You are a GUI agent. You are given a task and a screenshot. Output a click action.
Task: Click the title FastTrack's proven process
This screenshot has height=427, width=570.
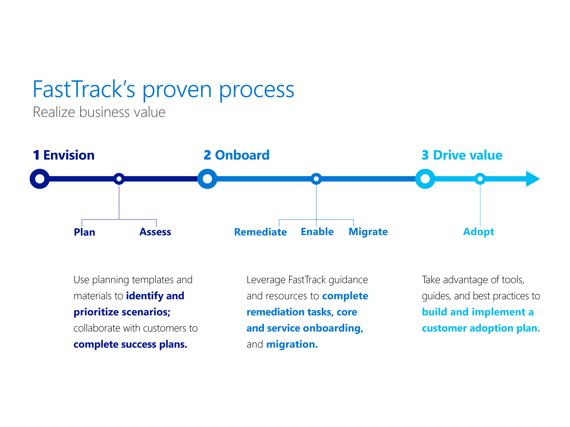(163, 90)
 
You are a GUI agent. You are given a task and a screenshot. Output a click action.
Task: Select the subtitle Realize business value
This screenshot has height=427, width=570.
(99, 112)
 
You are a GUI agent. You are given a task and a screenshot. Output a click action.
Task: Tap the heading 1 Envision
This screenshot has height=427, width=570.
(64, 155)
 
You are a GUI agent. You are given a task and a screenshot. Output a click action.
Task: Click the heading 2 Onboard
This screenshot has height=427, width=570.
(237, 155)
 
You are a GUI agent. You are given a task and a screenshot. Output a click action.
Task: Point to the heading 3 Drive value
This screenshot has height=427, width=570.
(462, 155)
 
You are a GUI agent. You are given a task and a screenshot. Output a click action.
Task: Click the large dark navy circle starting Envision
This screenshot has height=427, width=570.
(40, 179)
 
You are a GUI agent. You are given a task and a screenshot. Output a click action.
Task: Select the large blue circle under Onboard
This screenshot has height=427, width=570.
(207, 179)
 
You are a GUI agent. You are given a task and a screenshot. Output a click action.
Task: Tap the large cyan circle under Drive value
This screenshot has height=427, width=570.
(425, 179)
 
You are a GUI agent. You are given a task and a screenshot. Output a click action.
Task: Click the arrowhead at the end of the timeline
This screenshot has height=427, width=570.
(532, 179)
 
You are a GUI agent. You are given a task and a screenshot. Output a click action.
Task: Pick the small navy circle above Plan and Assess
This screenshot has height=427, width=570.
(119, 179)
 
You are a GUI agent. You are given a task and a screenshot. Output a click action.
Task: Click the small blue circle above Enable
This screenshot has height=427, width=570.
(316, 179)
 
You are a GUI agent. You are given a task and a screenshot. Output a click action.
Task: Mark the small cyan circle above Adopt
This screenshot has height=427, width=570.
(480, 179)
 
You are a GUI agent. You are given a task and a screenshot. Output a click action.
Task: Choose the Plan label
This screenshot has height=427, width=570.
(85, 232)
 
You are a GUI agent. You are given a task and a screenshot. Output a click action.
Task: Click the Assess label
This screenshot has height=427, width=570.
(155, 232)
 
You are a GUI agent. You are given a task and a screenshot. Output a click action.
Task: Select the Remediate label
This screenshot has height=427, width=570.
(260, 232)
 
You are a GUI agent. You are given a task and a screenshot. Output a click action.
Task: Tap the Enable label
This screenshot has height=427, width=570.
(317, 232)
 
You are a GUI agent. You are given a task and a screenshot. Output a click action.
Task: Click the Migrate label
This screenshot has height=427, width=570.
(368, 232)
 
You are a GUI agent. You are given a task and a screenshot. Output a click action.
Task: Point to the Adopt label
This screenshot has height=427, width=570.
(478, 232)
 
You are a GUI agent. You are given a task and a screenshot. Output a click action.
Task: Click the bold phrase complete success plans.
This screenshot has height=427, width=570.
(130, 344)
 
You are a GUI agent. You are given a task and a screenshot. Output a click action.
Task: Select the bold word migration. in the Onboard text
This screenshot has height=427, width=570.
(292, 344)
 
